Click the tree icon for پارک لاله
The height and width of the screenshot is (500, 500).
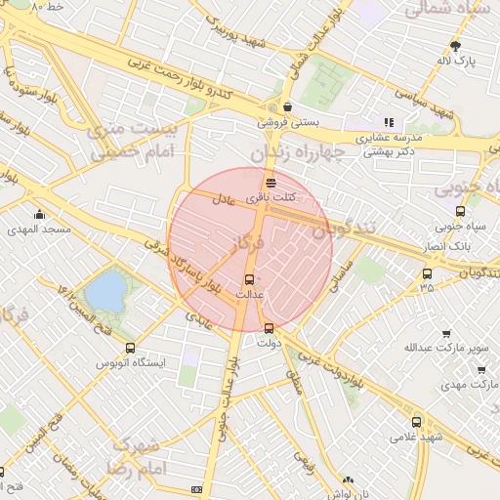[x=455, y=45]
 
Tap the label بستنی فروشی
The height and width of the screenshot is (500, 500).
[x=286, y=123]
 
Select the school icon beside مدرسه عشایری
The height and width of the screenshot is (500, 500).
[x=388, y=122]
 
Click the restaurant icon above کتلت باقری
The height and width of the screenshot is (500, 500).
[x=270, y=183]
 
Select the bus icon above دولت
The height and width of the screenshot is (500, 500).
[x=269, y=328]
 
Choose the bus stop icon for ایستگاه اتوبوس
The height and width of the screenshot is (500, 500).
[x=130, y=348]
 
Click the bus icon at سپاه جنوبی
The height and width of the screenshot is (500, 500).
[x=460, y=211]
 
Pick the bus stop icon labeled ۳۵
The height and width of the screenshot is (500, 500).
[x=427, y=273]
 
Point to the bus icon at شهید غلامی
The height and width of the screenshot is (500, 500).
[x=417, y=422]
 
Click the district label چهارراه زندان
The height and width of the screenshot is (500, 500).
[x=298, y=153]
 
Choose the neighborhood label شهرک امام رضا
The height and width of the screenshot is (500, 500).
[x=141, y=457]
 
